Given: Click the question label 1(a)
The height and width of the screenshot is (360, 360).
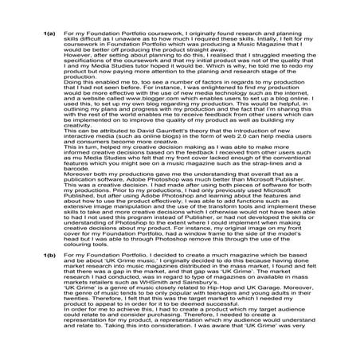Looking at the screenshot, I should pyautogui.click(x=49, y=33).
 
